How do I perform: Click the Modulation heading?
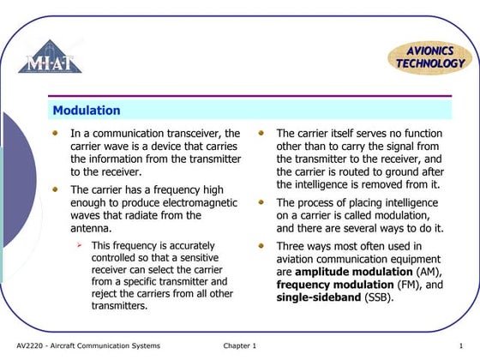(x=87, y=111)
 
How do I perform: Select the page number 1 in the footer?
(x=461, y=345)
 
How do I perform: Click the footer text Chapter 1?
(x=240, y=345)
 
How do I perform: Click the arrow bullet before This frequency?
(x=78, y=245)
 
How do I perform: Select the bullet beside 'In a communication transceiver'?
(x=57, y=133)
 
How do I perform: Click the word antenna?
(x=89, y=229)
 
